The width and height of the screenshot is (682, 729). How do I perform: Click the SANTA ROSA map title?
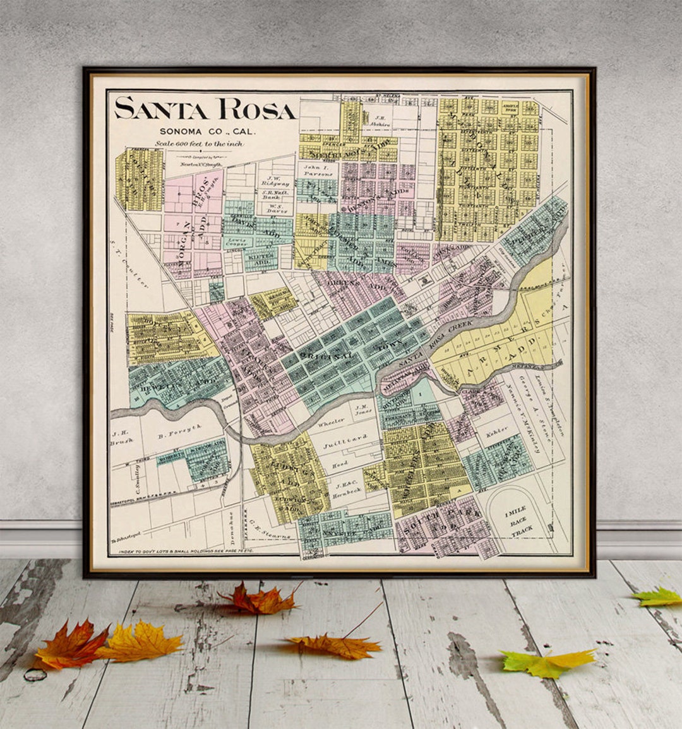(205, 109)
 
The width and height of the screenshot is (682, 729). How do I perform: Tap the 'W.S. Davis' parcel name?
(275, 210)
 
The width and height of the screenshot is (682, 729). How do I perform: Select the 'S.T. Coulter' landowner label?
(129, 259)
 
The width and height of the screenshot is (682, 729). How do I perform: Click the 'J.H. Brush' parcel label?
(120, 438)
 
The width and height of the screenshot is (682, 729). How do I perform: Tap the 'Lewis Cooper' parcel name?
(238, 245)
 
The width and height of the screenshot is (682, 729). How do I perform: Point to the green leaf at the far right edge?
(658, 596)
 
